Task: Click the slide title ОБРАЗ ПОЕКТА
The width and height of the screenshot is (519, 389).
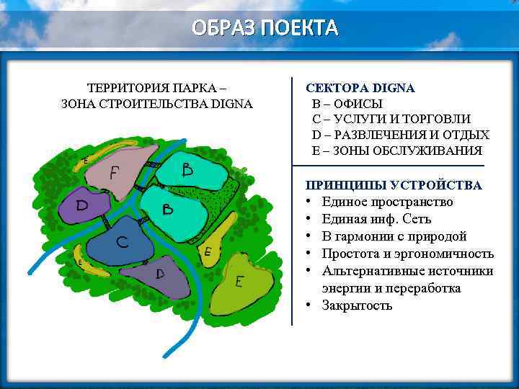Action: (265, 28)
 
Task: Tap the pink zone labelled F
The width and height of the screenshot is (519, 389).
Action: (119, 171)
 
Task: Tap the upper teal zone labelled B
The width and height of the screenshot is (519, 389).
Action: (189, 171)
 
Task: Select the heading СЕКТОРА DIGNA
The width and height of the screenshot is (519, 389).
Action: (360, 88)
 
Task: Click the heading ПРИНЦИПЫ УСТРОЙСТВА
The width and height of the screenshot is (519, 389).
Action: (394, 185)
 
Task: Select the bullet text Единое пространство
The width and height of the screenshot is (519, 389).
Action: (387, 202)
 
